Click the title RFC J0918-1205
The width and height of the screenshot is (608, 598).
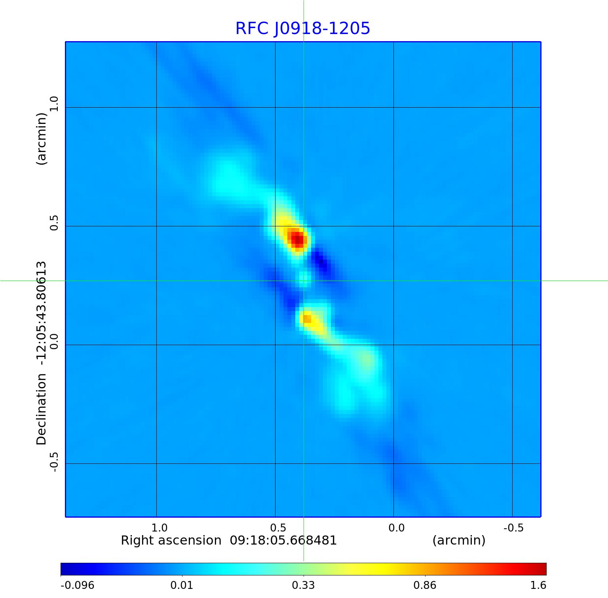303,28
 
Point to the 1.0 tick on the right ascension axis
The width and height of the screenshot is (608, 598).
160,528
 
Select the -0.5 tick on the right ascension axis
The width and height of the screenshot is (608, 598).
513,528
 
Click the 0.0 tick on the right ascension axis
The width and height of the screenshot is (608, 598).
396,528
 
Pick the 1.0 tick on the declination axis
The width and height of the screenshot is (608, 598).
53,104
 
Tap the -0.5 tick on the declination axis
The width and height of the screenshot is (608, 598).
53,461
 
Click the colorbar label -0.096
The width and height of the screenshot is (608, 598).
77,585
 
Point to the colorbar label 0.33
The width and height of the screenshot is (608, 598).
303,585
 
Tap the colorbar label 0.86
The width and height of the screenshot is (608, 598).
425,585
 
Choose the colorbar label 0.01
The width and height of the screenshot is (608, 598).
182,585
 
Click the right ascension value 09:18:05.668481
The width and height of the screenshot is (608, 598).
283,540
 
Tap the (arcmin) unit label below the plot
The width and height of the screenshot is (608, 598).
459,540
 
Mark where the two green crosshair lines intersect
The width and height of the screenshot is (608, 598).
304,281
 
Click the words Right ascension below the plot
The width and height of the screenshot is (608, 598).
171,540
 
